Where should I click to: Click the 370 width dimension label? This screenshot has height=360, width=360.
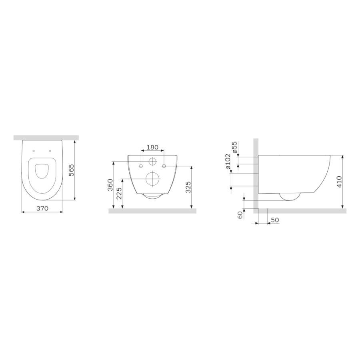[x=43, y=208]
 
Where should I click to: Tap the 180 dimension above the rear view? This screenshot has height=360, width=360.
[x=152, y=147]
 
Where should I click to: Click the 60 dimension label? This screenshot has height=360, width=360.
[x=240, y=215]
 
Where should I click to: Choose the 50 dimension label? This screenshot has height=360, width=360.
[x=274, y=220]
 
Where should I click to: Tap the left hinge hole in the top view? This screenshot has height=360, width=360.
[x=34, y=151]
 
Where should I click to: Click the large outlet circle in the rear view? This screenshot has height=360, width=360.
[x=152, y=179]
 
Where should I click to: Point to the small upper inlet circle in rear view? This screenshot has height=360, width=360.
[x=152, y=162]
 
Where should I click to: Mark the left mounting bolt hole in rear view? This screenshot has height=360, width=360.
[x=141, y=165]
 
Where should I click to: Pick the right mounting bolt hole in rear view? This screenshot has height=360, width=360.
[x=164, y=165]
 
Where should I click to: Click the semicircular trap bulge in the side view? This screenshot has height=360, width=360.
[x=290, y=197]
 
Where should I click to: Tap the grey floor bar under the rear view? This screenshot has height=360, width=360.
[x=152, y=211]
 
